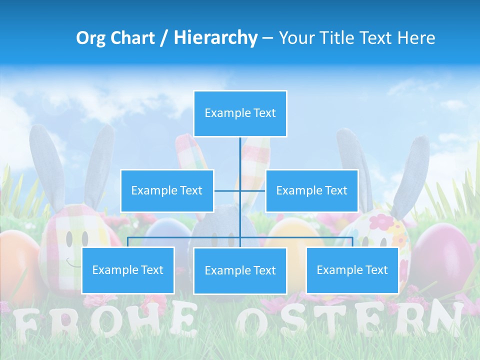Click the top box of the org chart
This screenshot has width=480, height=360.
[240, 113]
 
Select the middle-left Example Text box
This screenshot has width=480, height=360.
[167, 190]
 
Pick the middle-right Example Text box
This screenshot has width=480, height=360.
[311, 190]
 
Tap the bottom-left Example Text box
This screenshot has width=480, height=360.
[128, 270]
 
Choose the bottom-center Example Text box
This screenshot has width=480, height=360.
[240, 270]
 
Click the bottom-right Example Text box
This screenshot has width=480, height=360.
[352, 270]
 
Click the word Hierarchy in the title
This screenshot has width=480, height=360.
[215, 38]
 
